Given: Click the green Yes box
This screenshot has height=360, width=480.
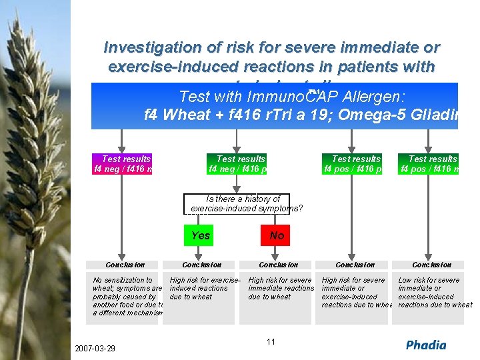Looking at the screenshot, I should point(201,235).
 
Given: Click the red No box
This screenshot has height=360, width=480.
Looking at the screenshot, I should point(277,235).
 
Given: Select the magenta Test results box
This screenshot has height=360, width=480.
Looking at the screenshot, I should point(123,164).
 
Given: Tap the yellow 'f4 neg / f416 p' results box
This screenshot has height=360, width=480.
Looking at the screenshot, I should point(237,164).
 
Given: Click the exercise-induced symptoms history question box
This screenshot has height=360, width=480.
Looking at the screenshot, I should point(245,204).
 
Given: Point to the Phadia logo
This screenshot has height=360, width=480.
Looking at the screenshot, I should point(426,345).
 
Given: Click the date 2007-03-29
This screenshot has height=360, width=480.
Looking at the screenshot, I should point(95,349).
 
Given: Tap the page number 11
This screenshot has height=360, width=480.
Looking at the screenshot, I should point(271,342).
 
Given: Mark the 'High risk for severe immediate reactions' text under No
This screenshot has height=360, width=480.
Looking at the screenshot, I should point(281,289).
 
